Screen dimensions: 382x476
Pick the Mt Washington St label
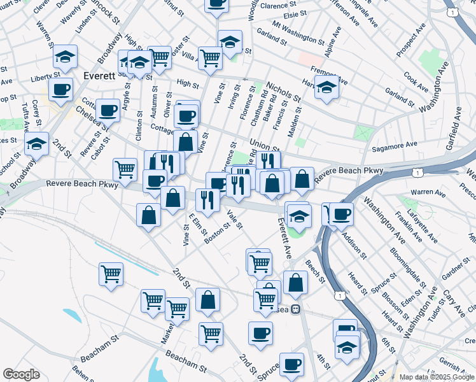tap(298, 32)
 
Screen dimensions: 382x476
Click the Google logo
tap(21, 374)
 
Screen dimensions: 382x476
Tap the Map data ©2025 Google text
tap(436, 377)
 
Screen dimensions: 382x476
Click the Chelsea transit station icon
tap(295, 309)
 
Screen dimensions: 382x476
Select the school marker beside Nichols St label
tap(326, 88)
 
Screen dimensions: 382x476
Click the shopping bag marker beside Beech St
tap(295, 282)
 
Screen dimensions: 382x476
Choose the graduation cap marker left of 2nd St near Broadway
tap(37, 144)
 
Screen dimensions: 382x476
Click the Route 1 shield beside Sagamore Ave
tap(416, 173)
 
